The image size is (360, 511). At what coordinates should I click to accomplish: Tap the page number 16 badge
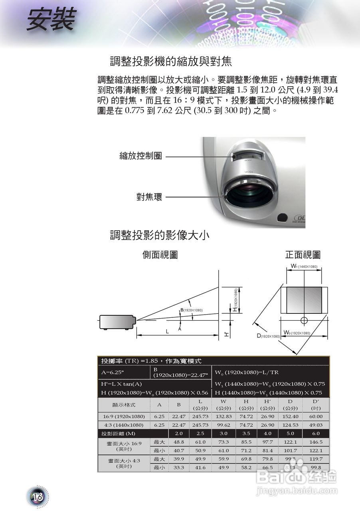[38, 496]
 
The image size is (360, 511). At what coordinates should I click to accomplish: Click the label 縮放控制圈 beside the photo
[140, 156]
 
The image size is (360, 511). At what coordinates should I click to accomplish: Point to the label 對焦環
[149, 197]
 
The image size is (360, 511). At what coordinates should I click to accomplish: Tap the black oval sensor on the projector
[282, 218]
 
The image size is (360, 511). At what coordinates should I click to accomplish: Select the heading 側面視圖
[160, 255]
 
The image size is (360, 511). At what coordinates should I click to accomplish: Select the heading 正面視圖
[303, 255]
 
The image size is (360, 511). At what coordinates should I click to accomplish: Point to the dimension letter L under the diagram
[168, 331]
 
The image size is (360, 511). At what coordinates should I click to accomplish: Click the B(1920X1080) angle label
[192, 310]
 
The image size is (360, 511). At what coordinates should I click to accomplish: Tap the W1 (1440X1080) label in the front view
[304, 266]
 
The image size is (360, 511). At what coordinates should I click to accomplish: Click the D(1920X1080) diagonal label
[268, 336]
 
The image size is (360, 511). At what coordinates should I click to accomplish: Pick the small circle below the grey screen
[304, 320]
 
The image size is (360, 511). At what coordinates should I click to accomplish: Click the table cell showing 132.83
[224, 416]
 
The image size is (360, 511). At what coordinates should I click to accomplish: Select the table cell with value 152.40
[290, 416]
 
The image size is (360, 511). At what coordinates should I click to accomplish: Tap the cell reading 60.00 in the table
[316, 416]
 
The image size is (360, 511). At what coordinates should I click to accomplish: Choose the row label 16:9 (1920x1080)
[124, 416]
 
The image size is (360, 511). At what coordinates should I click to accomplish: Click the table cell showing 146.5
[316, 442]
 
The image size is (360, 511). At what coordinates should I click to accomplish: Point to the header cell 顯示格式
[124, 405]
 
